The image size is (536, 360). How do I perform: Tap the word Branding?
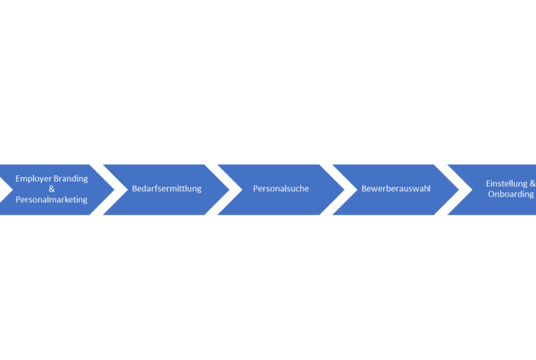pos(71,179)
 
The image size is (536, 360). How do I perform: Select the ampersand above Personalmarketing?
pos(52,188)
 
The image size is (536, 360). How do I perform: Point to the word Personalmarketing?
pos(52,199)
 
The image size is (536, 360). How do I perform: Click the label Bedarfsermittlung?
pos(166,188)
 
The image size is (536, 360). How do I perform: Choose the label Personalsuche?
pos(281,188)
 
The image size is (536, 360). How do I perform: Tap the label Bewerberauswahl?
pos(396,188)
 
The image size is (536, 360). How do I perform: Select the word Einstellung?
pos(507,184)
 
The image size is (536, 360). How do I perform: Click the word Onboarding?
pos(511,194)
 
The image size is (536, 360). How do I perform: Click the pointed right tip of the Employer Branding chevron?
pos(114,189)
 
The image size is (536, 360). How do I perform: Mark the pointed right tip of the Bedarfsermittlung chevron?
pos(229,189)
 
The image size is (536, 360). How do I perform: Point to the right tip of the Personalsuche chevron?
pos(344,189)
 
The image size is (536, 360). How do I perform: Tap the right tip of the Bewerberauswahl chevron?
pos(459,189)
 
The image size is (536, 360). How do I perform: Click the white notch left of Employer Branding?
pos(4,189)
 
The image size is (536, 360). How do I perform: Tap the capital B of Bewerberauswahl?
pos(364,188)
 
